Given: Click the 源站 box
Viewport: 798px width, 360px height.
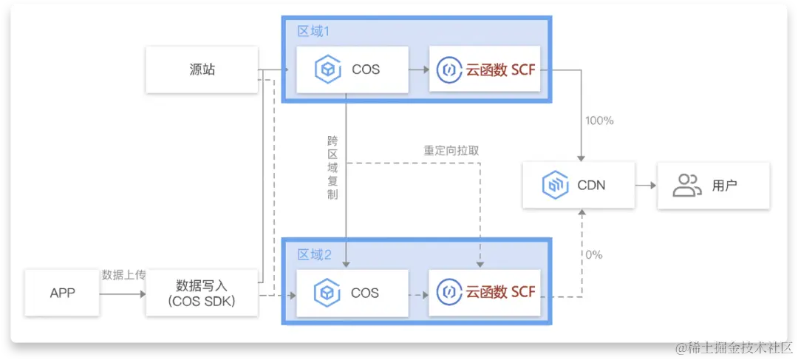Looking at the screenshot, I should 201,69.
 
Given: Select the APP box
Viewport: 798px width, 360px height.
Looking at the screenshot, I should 63,293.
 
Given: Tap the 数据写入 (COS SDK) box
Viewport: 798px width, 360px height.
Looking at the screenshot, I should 201,293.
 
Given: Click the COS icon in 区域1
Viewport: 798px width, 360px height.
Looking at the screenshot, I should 327,69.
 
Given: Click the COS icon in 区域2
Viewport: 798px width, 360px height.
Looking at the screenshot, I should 327,293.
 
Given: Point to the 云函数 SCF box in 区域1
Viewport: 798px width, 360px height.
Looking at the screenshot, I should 485,69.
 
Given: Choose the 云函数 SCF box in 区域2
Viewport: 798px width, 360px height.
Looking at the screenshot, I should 485,293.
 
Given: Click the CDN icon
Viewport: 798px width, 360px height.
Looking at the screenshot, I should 554,185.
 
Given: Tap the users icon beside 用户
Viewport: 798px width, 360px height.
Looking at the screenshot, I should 686,185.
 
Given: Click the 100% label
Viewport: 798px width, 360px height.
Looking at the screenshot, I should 599,120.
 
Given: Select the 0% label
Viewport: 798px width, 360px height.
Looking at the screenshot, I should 594,255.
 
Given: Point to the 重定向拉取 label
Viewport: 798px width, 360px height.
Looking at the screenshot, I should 451,150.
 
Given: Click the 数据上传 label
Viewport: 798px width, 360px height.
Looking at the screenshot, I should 123,275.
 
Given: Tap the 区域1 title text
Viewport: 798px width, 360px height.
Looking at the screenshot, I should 313,31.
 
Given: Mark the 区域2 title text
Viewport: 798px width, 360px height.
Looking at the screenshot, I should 314,255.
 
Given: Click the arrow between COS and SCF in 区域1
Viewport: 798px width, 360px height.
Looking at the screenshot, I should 418,69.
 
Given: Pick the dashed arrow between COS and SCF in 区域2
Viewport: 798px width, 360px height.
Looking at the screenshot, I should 418,293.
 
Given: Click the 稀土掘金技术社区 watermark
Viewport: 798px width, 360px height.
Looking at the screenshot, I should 731,347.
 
